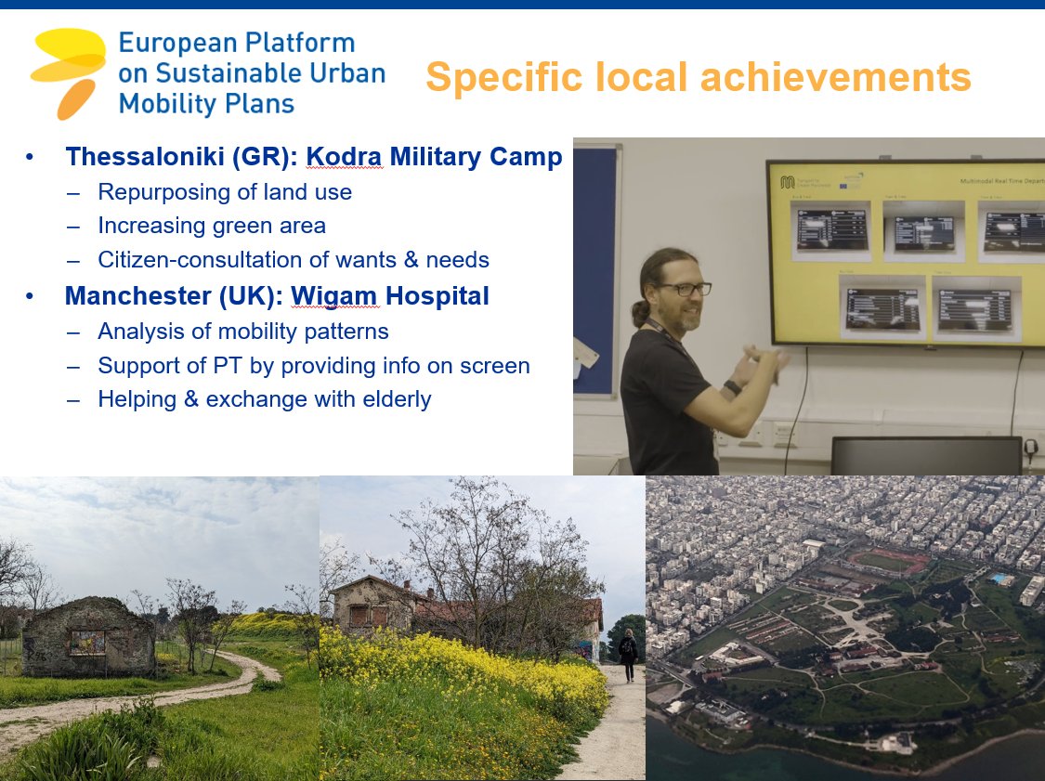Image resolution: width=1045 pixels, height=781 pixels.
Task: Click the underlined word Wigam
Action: [x=334, y=296]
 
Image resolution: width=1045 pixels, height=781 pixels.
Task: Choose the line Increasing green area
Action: [x=212, y=226]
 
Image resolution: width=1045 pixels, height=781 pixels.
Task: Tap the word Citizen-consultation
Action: [x=191, y=260]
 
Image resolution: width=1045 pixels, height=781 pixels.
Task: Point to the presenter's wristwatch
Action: [x=733, y=387]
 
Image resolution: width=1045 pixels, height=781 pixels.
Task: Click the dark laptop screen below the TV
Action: [x=925, y=456]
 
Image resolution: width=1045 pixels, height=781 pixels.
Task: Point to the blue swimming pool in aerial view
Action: [x=999, y=579]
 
